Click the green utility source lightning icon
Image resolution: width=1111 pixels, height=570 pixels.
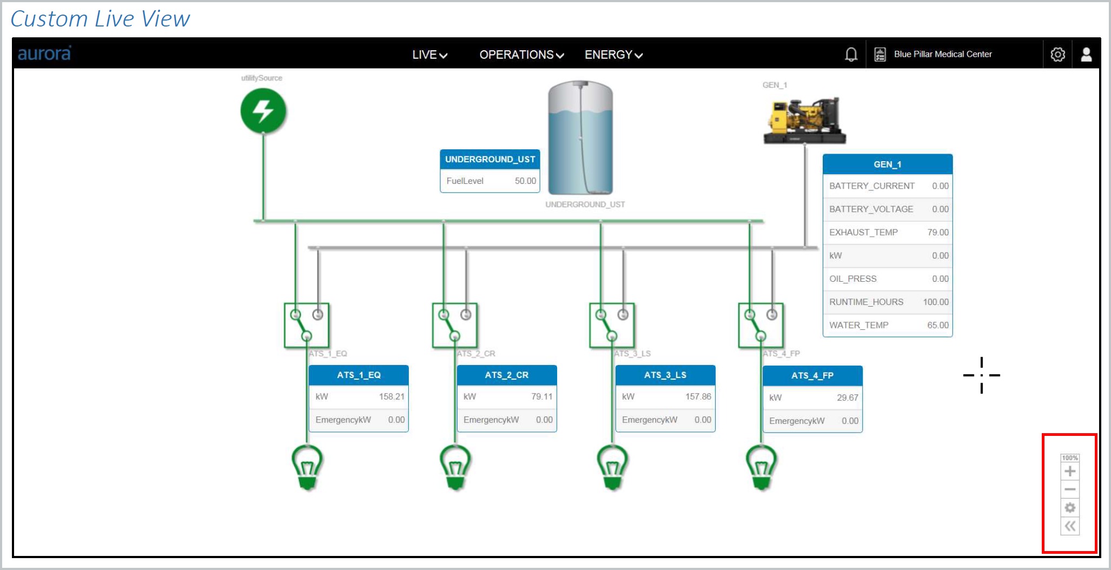263,111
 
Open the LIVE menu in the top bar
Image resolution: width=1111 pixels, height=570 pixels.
429,55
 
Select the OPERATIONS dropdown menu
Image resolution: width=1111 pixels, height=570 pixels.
521,55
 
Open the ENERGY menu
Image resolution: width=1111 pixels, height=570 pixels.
613,55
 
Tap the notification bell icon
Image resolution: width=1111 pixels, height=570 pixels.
851,54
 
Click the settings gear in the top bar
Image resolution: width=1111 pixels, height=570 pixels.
1057,54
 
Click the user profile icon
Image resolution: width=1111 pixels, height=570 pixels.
1086,54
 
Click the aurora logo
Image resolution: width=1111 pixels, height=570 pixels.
44,54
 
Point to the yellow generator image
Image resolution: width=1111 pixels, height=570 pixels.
804,121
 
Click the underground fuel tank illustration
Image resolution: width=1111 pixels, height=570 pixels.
580,137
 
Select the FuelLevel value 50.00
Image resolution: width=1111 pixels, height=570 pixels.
525,181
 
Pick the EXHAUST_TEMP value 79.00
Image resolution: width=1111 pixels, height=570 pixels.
938,232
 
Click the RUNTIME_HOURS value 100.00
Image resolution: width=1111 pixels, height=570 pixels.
936,302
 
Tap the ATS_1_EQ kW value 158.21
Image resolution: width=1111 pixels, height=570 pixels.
392,396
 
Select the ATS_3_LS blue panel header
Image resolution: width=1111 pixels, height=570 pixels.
665,375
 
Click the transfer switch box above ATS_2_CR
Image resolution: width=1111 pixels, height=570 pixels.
455,325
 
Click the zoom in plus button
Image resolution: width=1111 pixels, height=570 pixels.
1070,472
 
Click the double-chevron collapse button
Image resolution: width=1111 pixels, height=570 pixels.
1070,526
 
